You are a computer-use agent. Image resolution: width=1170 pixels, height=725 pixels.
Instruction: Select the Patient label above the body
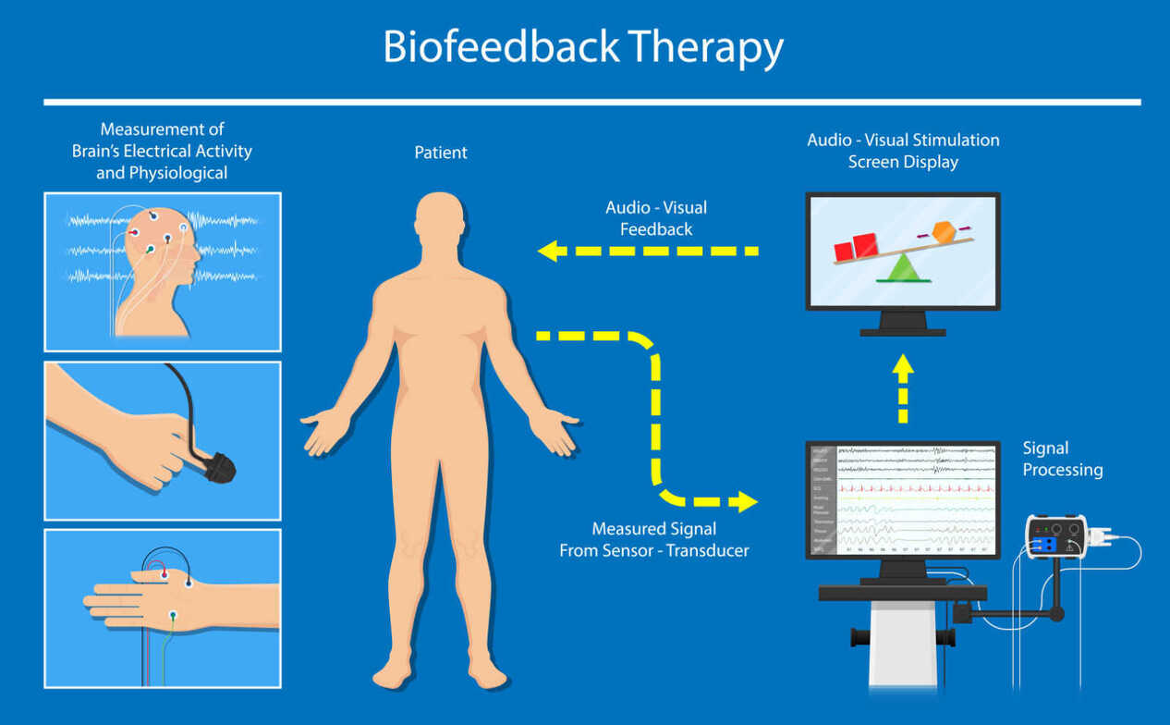[x=441, y=153]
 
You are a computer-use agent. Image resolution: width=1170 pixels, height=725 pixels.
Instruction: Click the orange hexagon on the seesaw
[x=943, y=232]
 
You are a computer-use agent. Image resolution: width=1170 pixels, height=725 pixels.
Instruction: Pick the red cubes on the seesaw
[x=856, y=248]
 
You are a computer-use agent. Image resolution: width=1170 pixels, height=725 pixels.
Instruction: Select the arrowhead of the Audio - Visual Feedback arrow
[x=549, y=251]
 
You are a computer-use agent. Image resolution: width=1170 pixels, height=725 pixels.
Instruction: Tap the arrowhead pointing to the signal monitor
[x=744, y=502]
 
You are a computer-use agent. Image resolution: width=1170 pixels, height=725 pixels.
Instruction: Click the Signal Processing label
[x=1062, y=460]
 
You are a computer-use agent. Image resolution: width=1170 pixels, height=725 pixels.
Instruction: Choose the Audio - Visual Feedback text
[x=656, y=218]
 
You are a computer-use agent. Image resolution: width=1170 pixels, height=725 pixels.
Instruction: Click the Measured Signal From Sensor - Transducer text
[x=654, y=540]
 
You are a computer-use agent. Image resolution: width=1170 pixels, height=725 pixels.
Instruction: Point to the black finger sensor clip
[x=218, y=468]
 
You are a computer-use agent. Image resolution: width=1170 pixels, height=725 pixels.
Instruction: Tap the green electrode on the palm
[x=173, y=614]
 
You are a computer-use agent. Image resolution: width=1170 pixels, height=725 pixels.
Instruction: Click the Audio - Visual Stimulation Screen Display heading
[x=903, y=152]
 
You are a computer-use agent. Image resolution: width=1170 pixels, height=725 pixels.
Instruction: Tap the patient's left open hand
[x=556, y=433]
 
